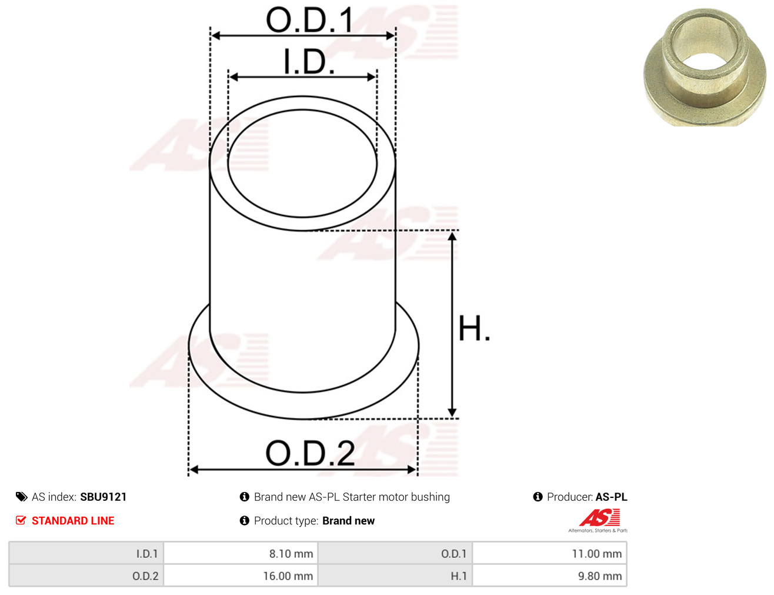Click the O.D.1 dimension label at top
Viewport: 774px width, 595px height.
(309, 20)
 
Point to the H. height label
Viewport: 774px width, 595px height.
(474, 328)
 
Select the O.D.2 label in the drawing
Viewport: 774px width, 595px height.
(310, 453)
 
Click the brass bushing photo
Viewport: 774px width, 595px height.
(704, 67)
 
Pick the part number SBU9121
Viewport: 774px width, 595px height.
(104, 497)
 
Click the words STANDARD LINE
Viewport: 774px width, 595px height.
(73, 520)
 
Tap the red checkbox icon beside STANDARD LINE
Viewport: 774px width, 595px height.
(21, 520)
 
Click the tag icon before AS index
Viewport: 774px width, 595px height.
(21, 497)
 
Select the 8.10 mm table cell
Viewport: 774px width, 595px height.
(241, 553)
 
